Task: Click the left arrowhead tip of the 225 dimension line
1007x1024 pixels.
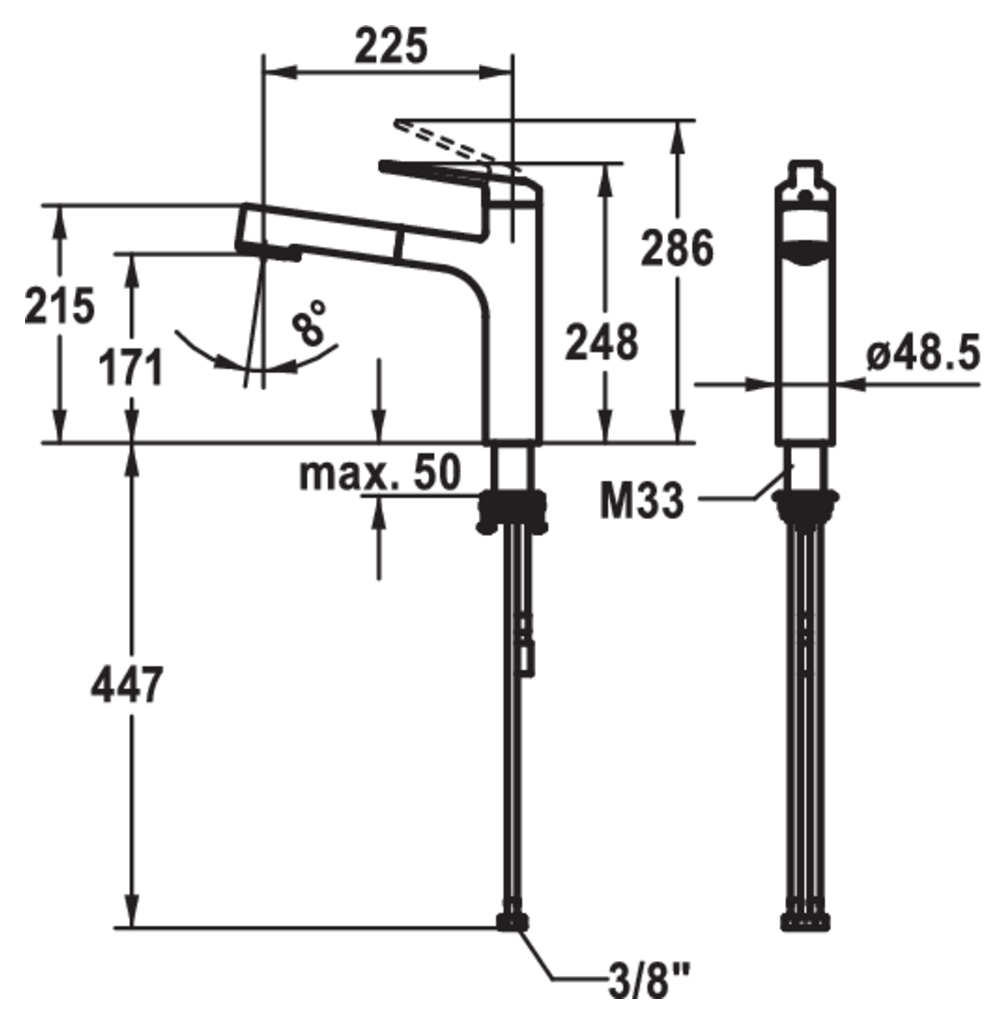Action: (x=263, y=72)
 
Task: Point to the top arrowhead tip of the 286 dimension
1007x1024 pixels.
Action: (x=679, y=121)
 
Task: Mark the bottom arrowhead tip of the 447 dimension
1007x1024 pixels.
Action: (x=133, y=926)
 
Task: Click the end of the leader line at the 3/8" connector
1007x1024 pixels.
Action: (x=520, y=930)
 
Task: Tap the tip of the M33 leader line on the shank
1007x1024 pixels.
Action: (x=792, y=466)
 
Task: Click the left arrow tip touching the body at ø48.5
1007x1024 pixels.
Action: (x=776, y=385)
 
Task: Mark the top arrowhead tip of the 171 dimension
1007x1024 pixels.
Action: (x=133, y=253)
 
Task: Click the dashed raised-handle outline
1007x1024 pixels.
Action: (x=451, y=143)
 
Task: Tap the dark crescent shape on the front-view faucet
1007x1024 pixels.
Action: (x=805, y=252)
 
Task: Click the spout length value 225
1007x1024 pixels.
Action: (x=392, y=46)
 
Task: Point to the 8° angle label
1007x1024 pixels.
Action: (x=309, y=322)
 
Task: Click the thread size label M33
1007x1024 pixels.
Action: (x=641, y=502)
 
